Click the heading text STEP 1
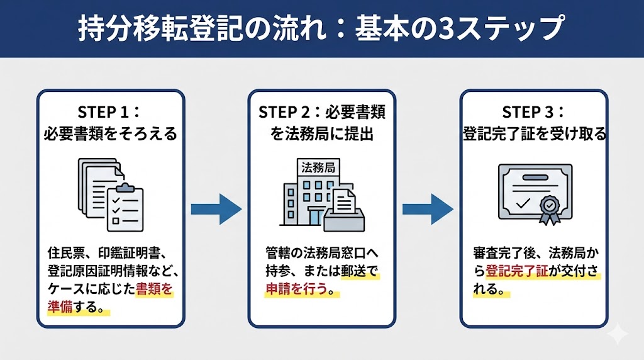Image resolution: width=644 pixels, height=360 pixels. click(102, 112)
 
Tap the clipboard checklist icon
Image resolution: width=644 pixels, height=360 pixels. click(125, 208)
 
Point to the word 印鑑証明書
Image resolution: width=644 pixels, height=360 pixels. click(130, 254)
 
